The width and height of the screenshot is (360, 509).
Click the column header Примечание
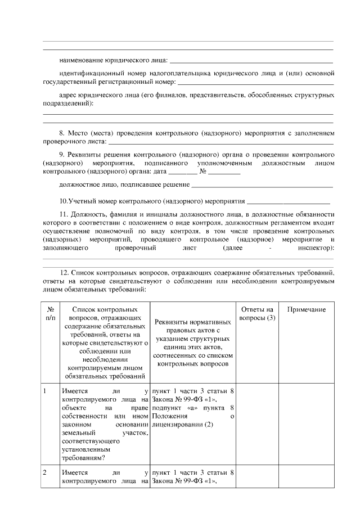(x=307, y=310)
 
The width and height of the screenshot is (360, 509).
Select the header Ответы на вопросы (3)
(x=256, y=314)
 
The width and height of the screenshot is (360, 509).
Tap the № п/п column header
(x=51, y=314)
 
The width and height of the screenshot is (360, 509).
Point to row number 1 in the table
(x=44, y=391)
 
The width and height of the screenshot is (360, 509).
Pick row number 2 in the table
(x=44, y=472)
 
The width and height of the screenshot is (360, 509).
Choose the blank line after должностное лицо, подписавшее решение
(x=262, y=184)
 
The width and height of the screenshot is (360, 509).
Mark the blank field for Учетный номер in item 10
(x=289, y=201)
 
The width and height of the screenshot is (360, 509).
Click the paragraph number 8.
(x=62, y=133)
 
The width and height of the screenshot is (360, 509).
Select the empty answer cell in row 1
(x=256, y=425)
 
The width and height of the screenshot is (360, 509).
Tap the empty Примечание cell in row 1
(x=307, y=425)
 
